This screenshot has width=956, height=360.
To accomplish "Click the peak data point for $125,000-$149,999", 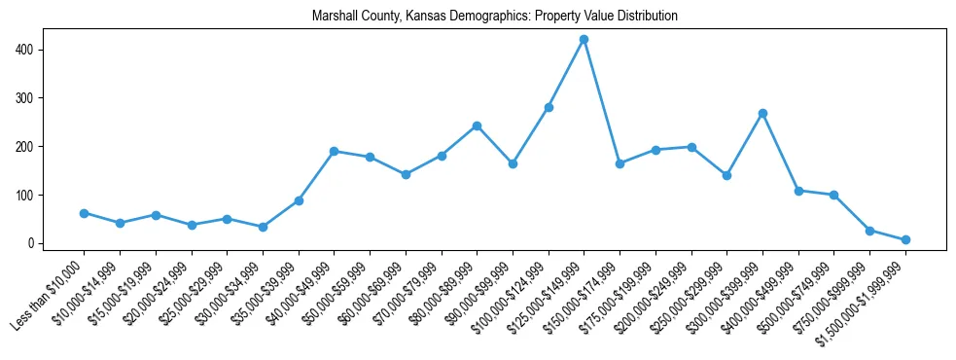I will click(x=584, y=40).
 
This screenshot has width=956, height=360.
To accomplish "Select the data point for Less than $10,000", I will click(x=84, y=213).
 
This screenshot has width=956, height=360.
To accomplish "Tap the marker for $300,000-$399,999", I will click(x=762, y=114).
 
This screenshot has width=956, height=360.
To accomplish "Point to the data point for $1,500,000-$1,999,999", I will click(x=905, y=239).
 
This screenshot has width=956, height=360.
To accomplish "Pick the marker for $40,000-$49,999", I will click(x=334, y=151).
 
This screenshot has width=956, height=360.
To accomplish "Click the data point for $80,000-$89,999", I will click(x=477, y=126).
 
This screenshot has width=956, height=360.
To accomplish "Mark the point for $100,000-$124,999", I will click(x=549, y=107).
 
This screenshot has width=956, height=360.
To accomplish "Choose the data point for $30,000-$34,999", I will click(x=263, y=227).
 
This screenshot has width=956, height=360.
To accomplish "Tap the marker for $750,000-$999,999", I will click(x=869, y=231).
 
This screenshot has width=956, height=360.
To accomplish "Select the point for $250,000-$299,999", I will click(x=726, y=175).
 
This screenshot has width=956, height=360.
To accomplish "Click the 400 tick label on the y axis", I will click(x=31, y=50).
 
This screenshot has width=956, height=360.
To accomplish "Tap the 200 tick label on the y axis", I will click(x=31, y=147).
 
